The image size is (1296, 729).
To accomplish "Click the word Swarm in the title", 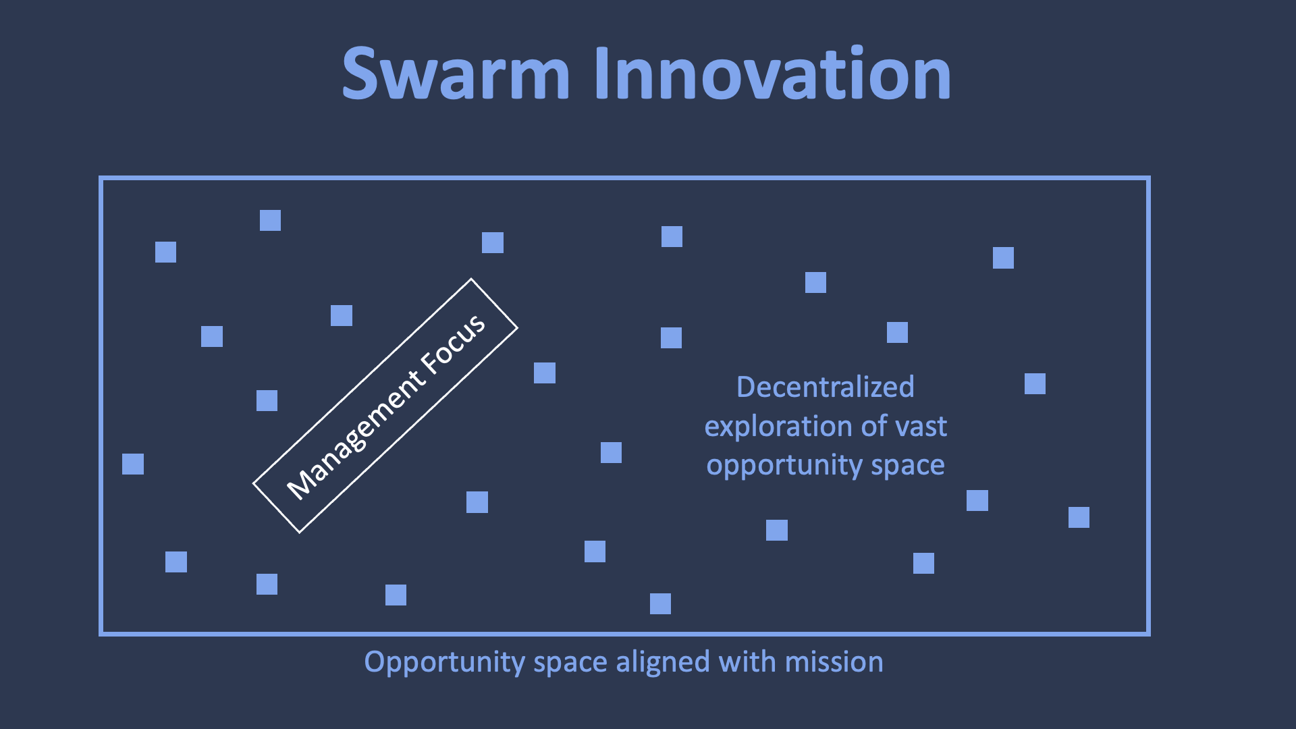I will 456,74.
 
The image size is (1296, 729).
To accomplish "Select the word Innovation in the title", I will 772,74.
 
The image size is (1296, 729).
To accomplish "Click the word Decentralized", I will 825,387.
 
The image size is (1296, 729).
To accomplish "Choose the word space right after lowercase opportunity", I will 908,466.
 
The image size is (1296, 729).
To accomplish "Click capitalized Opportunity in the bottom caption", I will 444,663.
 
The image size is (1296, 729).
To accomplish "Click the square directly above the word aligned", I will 660,603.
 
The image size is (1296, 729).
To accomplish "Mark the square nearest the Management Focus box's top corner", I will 493,242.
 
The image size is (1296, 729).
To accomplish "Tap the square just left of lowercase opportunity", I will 611,452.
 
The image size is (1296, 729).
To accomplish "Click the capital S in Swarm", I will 360,74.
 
